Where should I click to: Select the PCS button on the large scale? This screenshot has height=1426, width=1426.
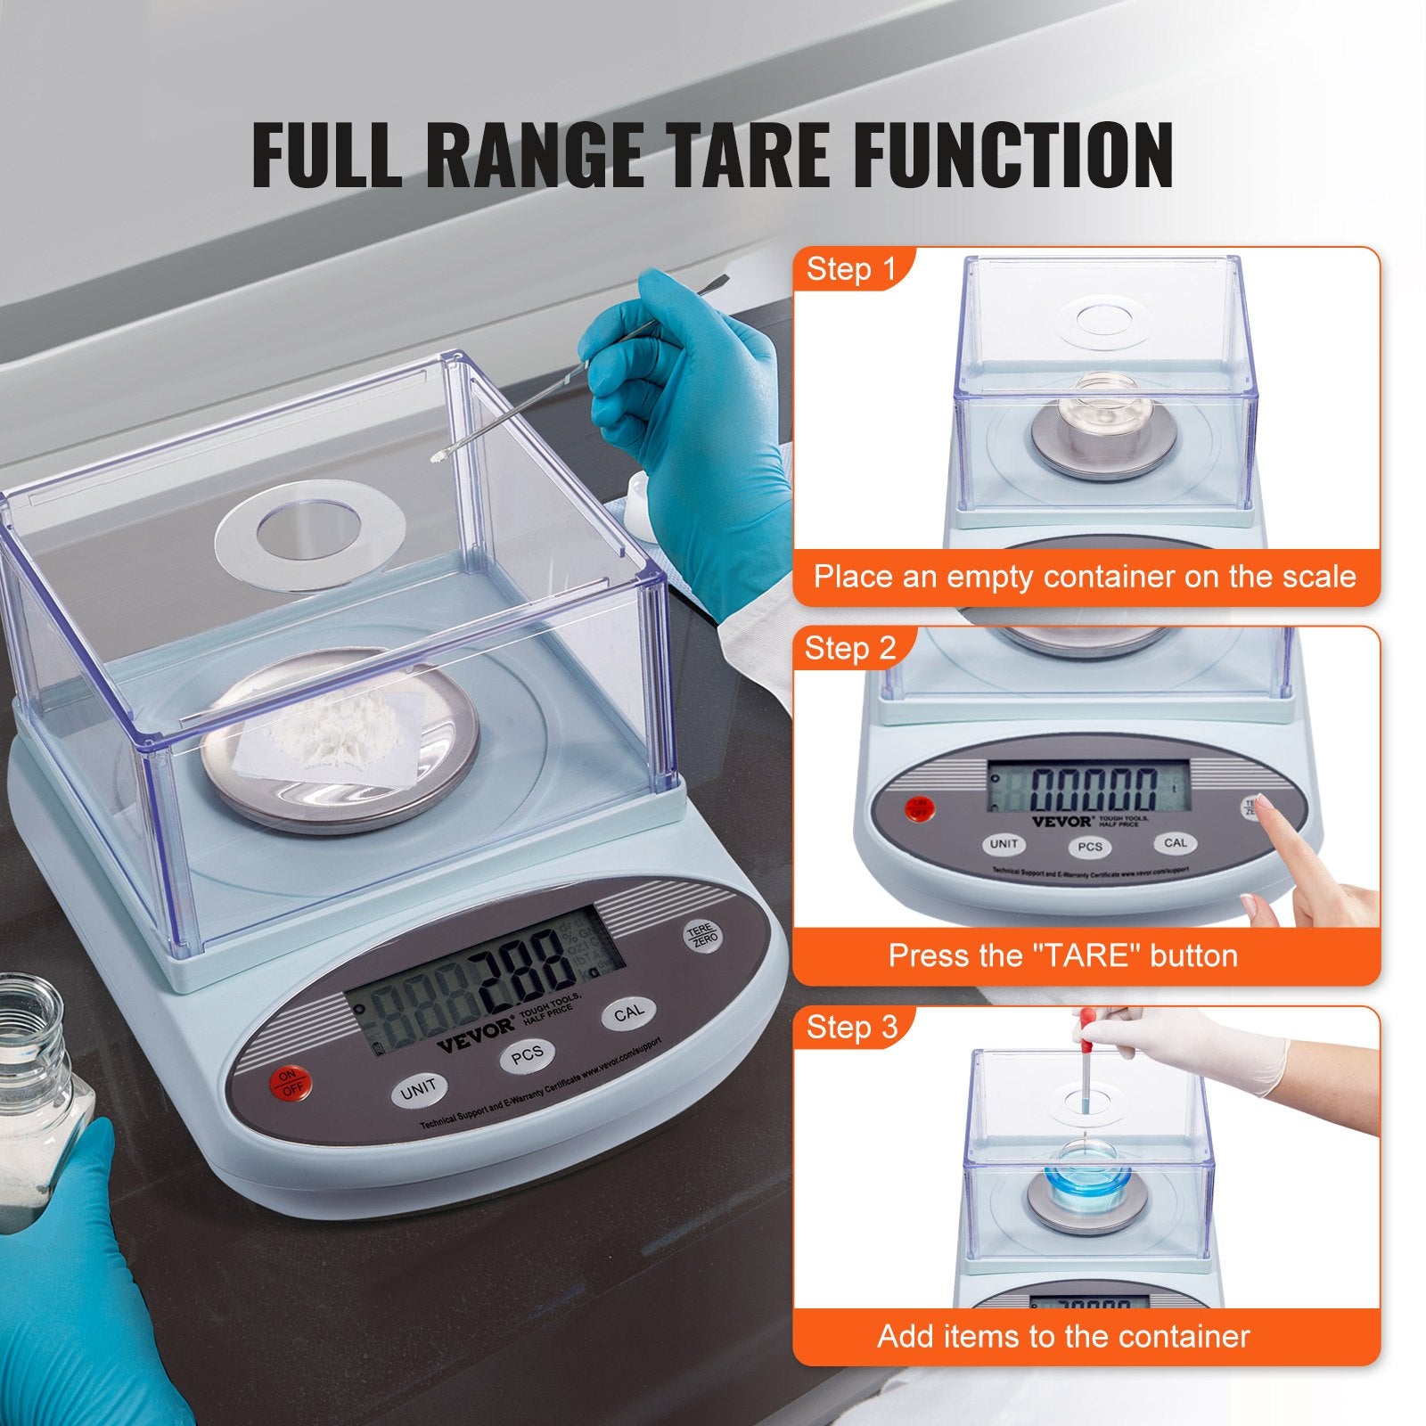[x=527, y=1056]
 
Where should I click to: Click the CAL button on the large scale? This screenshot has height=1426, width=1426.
[x=628, y=1013]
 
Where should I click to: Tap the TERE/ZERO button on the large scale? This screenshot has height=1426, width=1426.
[x=702, y=936]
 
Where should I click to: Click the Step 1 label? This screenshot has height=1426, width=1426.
[x=850, y=269]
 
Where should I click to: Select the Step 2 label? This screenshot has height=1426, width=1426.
[x=849, y=648]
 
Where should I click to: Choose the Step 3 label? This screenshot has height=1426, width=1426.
[x=851, y=1027]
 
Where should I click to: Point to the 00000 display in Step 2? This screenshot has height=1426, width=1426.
[x=1094, y=789]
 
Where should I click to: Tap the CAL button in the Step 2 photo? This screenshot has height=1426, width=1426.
[x=1175, y=843]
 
